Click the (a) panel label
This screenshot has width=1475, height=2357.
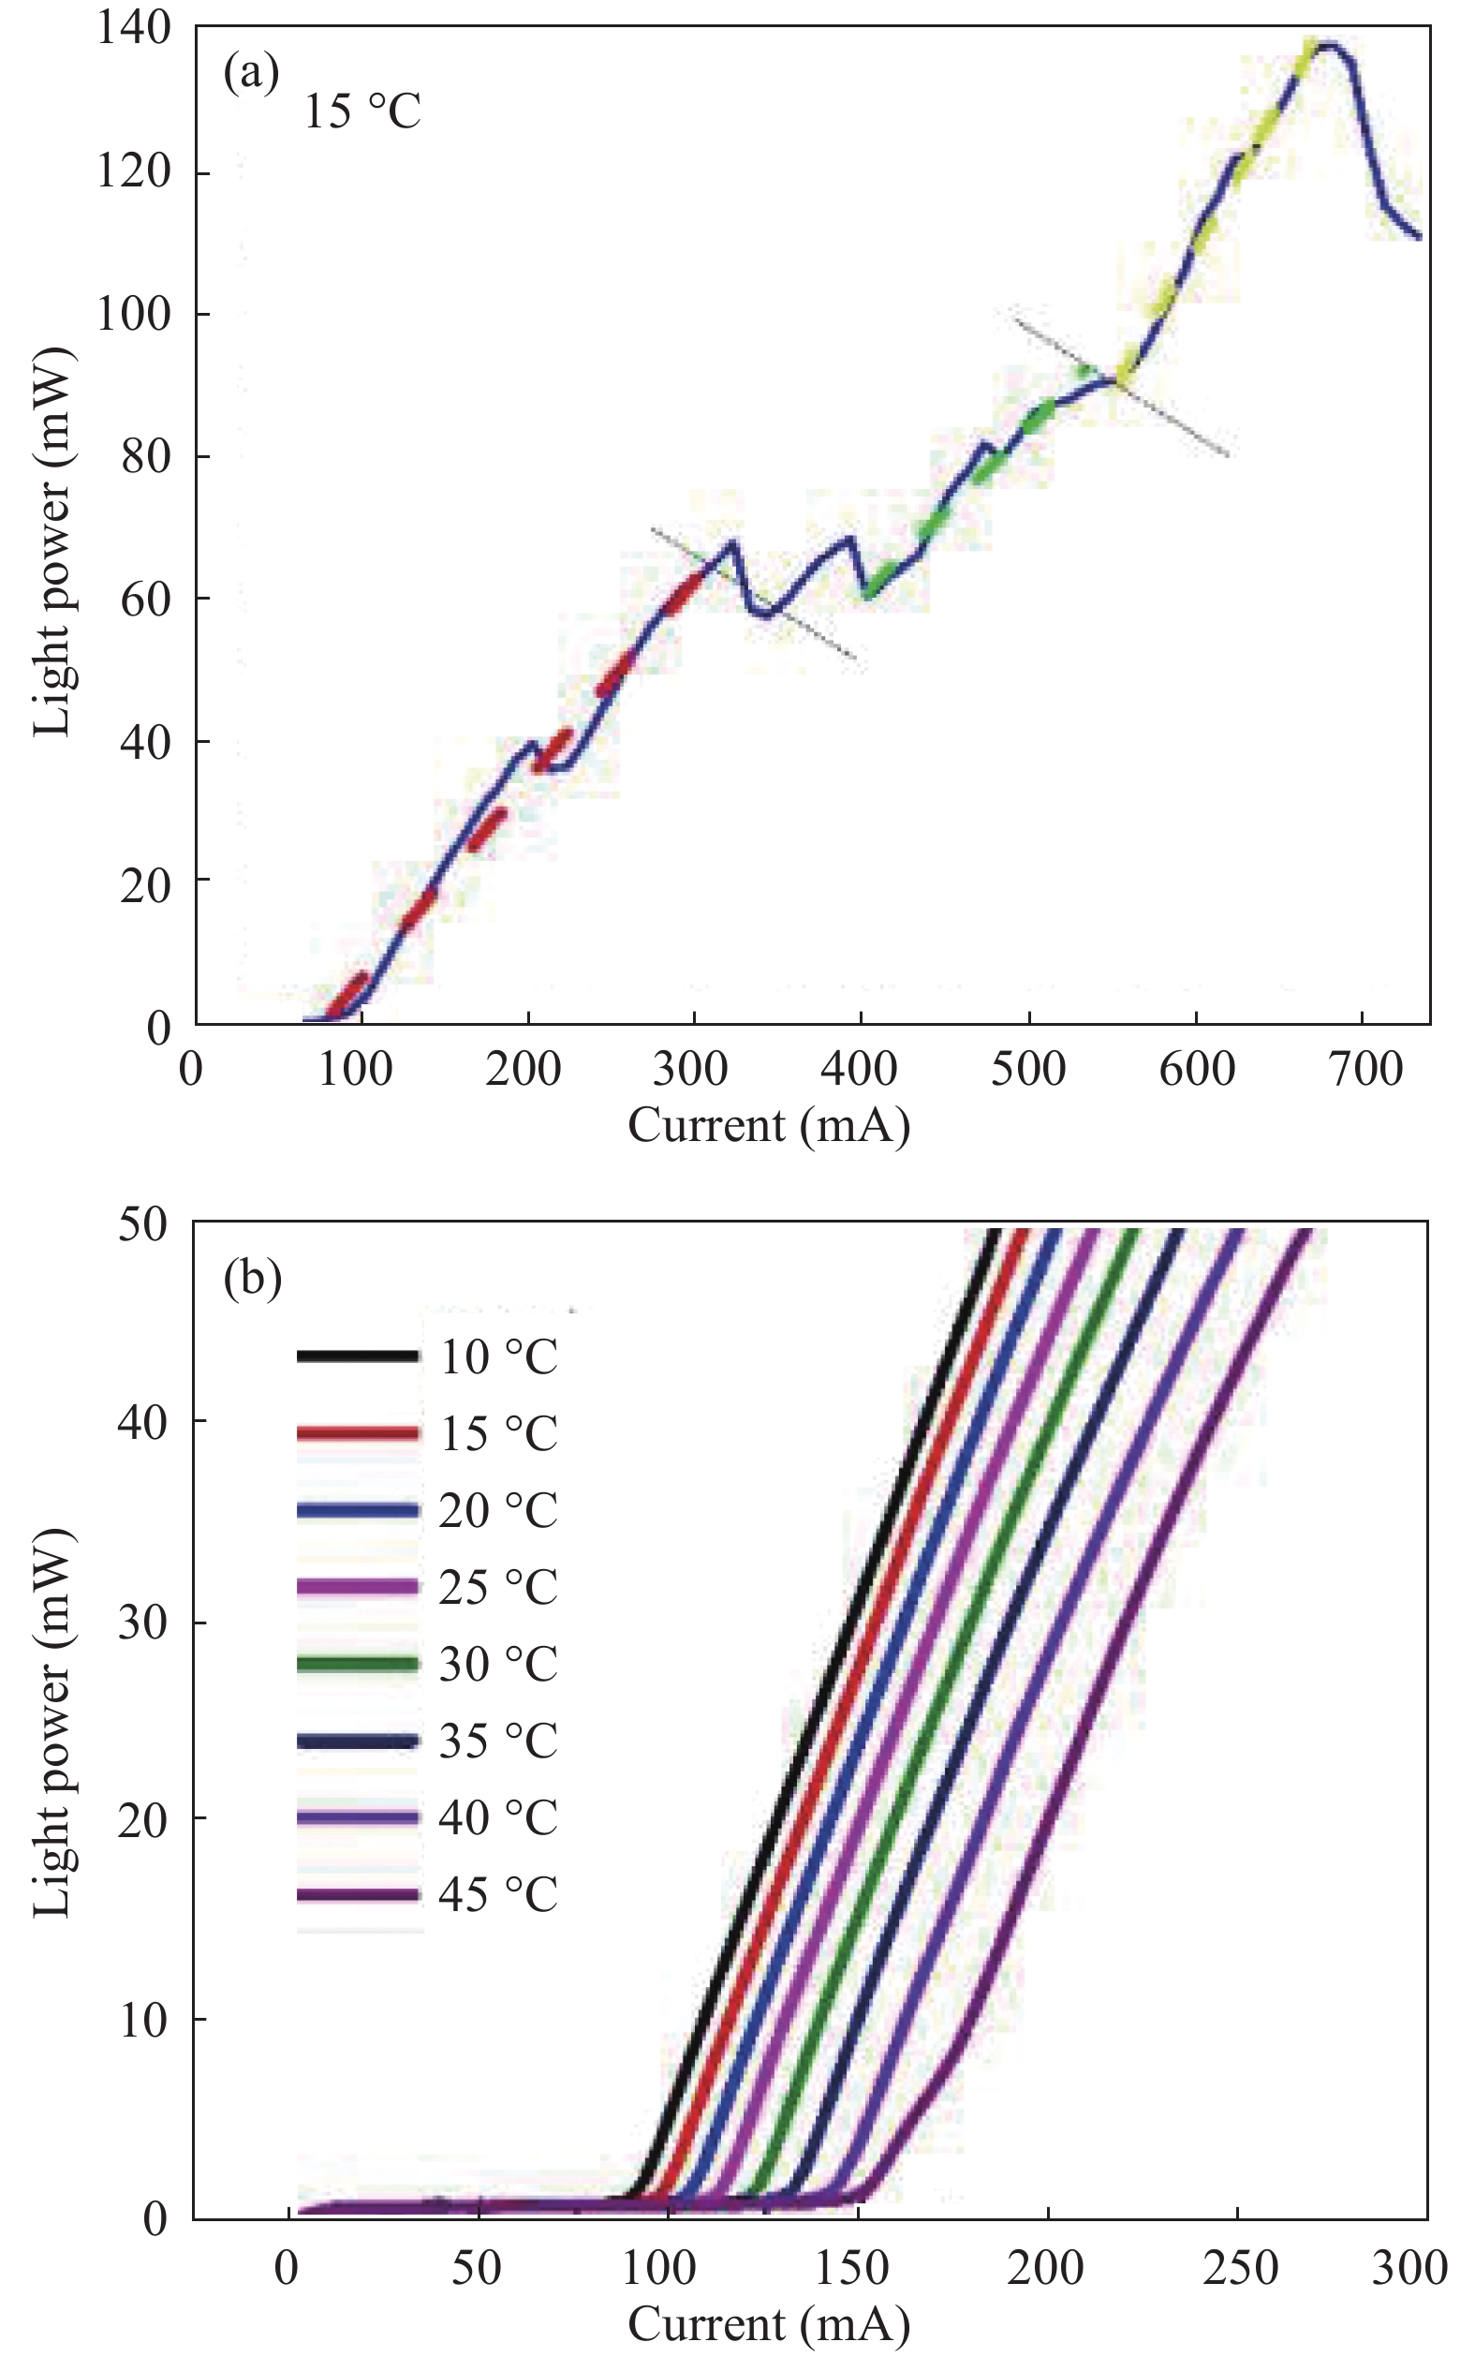click(x=251, y=74)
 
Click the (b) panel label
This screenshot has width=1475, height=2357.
click(x=252, y=1278)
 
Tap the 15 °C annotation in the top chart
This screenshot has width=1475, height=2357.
click(x=361, y=111)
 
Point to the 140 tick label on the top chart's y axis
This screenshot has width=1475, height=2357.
click(x=134, y=27)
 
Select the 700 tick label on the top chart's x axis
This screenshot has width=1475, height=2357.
click(x=1364, y=1069)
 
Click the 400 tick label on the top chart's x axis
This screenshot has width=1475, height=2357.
click(x=860, y=1069)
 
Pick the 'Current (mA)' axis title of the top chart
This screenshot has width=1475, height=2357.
click(x=769, y=1125)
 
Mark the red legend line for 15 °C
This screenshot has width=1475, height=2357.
click(x=358, y=1433)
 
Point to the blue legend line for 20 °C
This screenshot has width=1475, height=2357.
click(x=358, y=1510)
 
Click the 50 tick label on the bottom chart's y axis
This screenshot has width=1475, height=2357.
click(x=143, y=1223)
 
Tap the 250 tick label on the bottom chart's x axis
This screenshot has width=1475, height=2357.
click(x=1239, y=2269)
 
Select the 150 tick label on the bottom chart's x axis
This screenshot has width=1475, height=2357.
click(x=852, y=2269)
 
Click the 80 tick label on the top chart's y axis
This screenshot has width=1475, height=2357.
click(x=145, y=456)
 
